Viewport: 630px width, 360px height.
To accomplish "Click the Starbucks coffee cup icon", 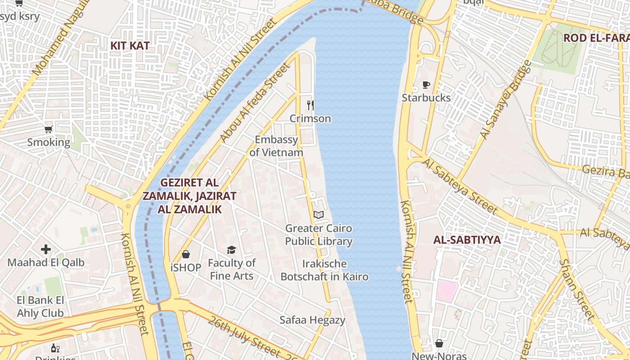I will pyautogui.click(x=426, y=85).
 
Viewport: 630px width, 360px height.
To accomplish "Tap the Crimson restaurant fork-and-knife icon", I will pyautogui.click(x=310, y=105).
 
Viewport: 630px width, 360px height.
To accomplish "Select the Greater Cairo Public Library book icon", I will pyautogui.click(x=319, y=215).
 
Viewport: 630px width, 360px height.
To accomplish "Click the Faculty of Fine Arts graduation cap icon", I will pyautogui.click(x=231, y=250).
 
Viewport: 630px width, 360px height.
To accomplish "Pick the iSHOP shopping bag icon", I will pyautogui.click(x=185, y=254).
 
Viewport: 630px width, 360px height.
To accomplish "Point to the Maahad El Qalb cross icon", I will pyautogui.click(x=46, y=249).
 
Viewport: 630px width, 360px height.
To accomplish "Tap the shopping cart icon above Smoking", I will pyautogui.click(x=48, y=130).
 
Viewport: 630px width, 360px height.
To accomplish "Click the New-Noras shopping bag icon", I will pyautogui.click(x=439, y=344).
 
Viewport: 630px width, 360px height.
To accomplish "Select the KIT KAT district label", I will pyautogui.click(x=130, y=46).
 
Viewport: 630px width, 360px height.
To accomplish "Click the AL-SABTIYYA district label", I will pyautogui.click(x=467, y=240).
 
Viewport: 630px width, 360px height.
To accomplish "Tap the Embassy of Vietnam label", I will pyautogui.click(x=276, y=146).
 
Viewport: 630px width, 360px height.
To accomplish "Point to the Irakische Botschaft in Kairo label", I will pyautogui.click(x=324, y=270).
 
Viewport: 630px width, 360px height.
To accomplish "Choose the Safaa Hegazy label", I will pyautogui.click(x=312, y=320).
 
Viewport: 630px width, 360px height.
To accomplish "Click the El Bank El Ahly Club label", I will pyautogui.click(x=40, y=306).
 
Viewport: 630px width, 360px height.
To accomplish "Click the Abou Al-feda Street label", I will pyautogui.click(x=255, y=103).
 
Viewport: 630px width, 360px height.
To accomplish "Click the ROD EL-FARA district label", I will pyautogui.click(x=596, y=38).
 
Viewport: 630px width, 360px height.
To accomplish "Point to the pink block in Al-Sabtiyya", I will pyautogui.click(x=447, y=291).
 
